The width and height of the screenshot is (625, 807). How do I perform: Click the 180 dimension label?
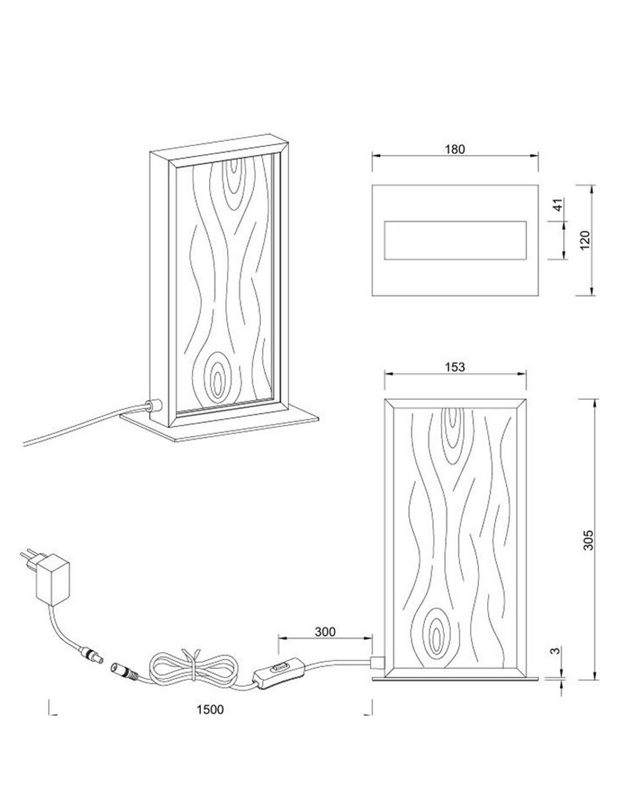click(x=455, y=149)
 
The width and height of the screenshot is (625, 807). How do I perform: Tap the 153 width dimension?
click(x=455, y=367)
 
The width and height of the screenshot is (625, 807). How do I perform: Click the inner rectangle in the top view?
click(x=455, y=240)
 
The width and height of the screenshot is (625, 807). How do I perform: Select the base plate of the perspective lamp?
click(x=220, y=427)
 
